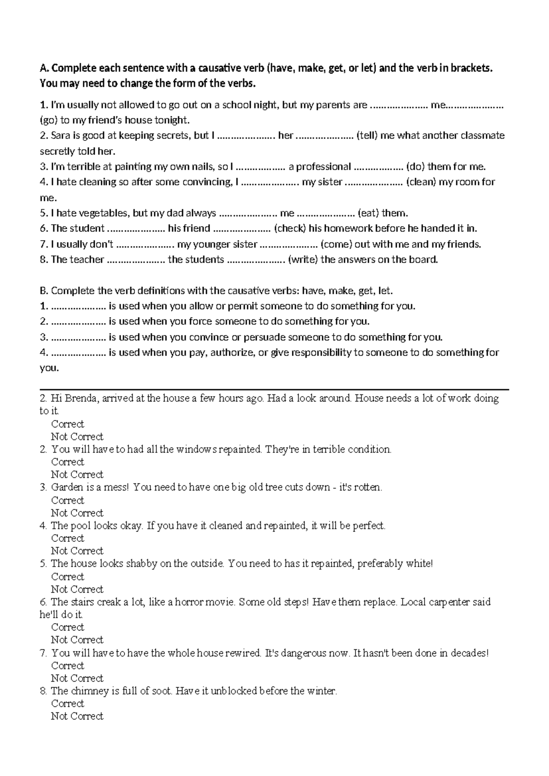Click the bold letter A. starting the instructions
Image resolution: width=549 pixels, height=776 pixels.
[44, 69]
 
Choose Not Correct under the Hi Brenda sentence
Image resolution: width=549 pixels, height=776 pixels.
[77, 436]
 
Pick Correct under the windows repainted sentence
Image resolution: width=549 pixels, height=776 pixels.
[68, 462]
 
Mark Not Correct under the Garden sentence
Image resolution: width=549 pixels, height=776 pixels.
[77, 513]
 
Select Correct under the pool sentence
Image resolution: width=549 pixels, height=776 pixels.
[68, 539]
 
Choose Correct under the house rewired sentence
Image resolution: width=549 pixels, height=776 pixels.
[68, 666]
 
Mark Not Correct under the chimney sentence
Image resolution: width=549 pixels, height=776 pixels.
[77, 717]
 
